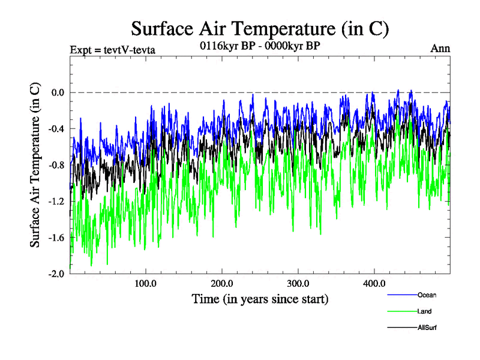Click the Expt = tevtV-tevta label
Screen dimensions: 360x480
point(113,50)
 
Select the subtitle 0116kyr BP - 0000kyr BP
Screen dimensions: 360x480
point(260,44)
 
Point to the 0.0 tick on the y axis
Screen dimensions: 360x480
point(57,92)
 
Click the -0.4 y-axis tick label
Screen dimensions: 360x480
point(56,128)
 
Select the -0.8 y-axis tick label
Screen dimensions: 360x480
point(56,165)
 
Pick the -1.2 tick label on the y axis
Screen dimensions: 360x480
point(56,201)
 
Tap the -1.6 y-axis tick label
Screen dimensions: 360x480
point(56,238)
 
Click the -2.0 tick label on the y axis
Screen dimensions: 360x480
point(56,274)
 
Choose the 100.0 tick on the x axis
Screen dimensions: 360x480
point(146,283)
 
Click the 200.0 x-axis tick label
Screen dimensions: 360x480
point(222,283)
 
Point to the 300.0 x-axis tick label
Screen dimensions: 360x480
point(298,283)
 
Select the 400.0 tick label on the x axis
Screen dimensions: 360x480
point(374,283)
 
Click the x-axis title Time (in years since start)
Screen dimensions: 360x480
point(260,298)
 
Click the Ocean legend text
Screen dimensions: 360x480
point(428,295)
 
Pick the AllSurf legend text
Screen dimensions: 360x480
point(428,328)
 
